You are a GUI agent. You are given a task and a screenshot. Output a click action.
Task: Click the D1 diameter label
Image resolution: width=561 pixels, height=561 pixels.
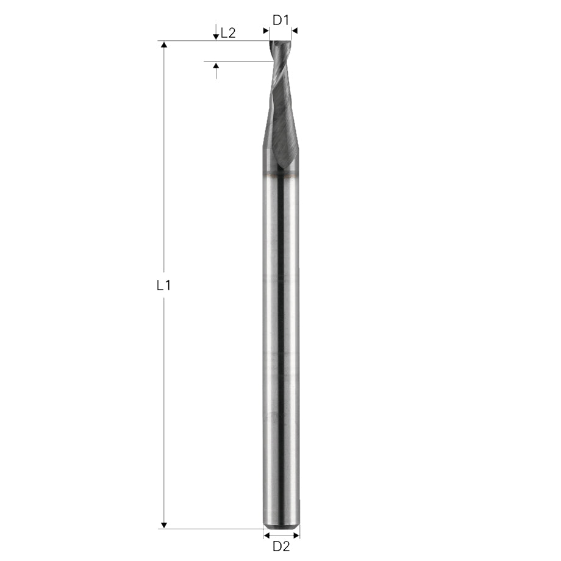280,20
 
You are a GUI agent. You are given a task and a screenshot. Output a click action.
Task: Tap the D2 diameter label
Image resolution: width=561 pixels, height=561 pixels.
281,546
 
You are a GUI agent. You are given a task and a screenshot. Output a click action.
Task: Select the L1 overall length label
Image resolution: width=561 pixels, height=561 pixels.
163,285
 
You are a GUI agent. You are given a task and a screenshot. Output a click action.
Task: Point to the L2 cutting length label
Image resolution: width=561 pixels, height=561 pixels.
228,33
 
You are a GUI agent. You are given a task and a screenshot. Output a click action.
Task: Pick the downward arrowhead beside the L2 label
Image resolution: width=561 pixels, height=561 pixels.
216,37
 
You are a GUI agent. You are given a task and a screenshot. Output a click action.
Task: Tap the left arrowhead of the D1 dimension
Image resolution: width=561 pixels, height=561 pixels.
266,30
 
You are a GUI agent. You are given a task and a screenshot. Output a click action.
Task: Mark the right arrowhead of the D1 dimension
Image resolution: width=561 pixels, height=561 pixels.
295,30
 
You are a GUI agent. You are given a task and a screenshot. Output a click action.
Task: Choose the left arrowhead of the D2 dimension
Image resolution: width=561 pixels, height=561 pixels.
266,535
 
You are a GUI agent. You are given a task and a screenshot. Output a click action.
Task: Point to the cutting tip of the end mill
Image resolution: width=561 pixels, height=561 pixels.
280,43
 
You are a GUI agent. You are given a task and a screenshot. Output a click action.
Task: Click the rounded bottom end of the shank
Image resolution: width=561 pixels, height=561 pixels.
281,523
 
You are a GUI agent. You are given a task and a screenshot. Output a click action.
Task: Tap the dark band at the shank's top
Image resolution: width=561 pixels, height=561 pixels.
281,176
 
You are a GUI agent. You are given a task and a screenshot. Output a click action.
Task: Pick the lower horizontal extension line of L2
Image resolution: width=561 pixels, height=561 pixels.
238,62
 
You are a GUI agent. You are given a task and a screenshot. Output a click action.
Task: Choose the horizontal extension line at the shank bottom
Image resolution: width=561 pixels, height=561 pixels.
213,529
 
